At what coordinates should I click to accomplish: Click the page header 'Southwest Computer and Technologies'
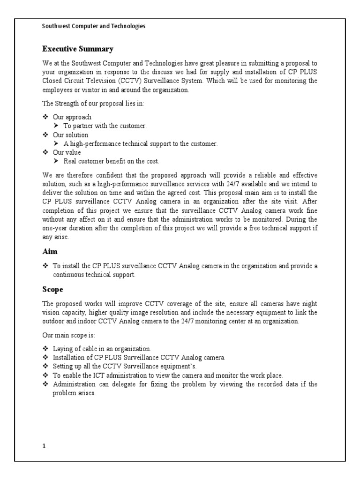coord(94,26)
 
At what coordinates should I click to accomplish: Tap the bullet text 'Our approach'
coord(72,117)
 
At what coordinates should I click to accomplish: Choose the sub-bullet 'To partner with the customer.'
coord(105,126)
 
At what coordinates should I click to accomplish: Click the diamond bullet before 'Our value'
coord(45,153)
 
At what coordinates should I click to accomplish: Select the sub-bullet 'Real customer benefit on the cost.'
coord(112,162)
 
